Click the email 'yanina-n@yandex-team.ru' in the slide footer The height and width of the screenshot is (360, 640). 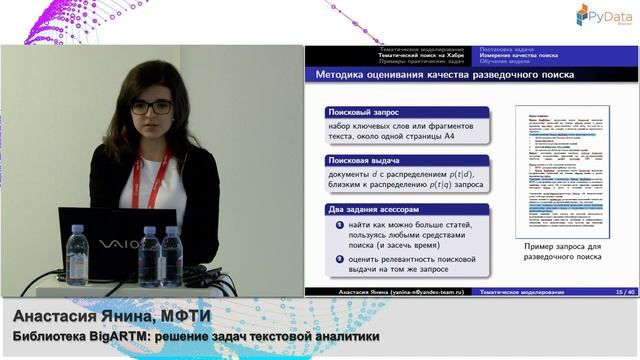click(420, 291)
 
